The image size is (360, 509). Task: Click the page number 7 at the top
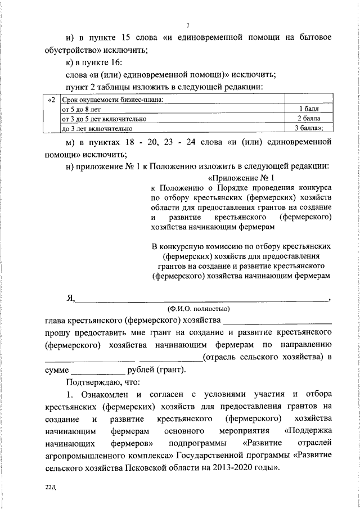click(188, 25)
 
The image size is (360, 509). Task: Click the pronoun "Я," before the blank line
click(70, 298)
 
